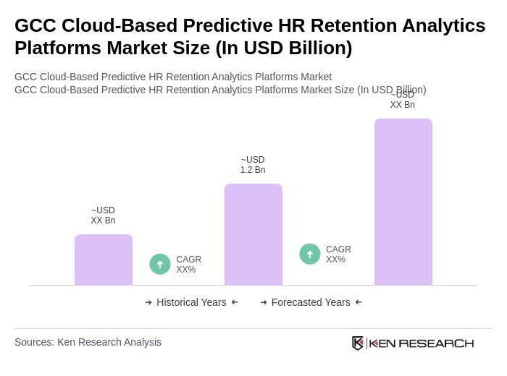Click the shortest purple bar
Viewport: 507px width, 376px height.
click(103, 260)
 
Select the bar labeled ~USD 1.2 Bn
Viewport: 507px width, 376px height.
click(253, 234)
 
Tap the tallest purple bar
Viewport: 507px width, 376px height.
click(403, 202)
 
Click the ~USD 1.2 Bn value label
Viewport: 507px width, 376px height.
click(253, 165)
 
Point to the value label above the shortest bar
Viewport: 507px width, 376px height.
click(103, 215)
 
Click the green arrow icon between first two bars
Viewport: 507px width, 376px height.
click(160, 264)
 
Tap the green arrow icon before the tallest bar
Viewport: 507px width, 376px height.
click(310, 254)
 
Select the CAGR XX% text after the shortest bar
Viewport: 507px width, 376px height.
click(188, 265)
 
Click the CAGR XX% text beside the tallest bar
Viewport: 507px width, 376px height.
click(338, 255)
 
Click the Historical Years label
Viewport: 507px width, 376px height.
click(191, 302)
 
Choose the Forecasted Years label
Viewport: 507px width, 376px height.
click(311, 302)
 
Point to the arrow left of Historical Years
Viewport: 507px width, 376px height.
click(148, 302)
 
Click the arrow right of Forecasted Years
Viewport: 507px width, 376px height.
click(359, 302)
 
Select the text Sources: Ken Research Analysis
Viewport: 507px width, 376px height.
click(88, 342)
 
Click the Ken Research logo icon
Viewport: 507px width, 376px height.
click(358, 343)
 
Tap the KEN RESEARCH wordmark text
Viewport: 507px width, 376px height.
click(422, 343)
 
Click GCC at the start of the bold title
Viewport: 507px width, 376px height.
click(35, 25)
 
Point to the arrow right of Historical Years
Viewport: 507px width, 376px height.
click(235, 302)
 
